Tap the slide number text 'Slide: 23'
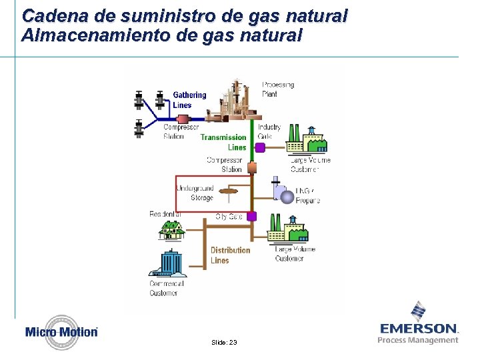click(x=223, y=342)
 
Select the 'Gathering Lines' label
click(x=189, y=100)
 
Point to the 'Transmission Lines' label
click(x=223, y=142)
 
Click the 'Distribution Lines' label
click(x=230, y=255)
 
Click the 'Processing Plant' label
click(x=278, y=89)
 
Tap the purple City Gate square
click(x=252, y=216)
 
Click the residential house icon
click(x=171, y=230)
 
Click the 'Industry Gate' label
click(x=269, y=131)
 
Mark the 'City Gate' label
click(x=229, y=217)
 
